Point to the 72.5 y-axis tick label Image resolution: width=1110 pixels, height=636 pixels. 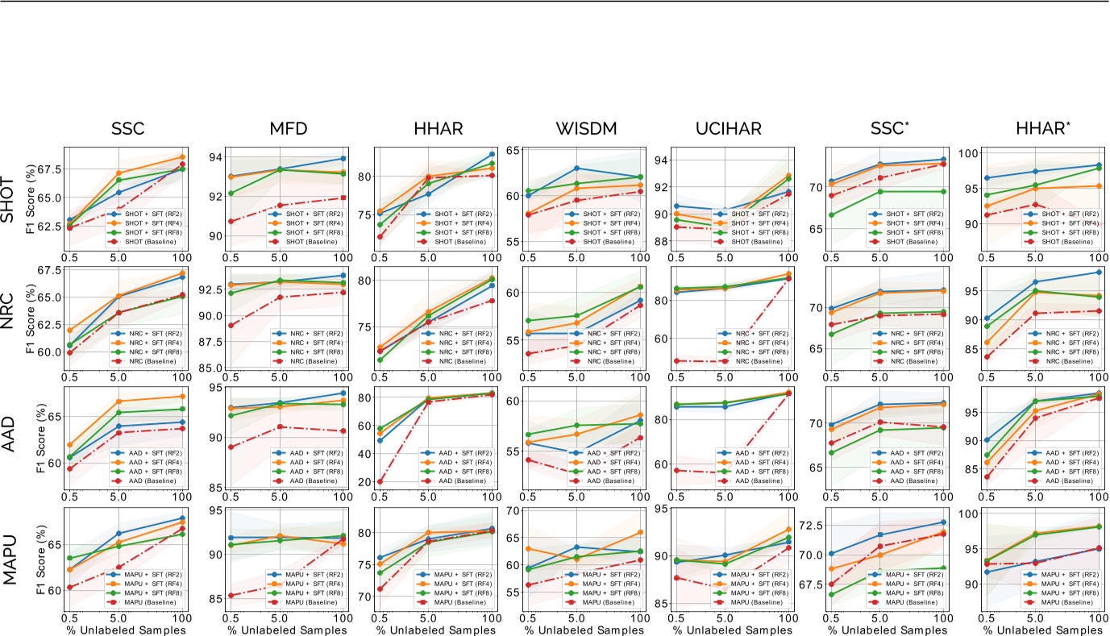point(807,526)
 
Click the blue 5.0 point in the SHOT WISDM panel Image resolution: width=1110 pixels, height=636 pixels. point(576,168)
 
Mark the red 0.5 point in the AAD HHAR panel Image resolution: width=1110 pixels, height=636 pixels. point(379,482)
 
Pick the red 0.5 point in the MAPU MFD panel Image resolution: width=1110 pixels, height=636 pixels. point(230,596)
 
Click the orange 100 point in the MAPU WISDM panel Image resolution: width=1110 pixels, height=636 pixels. point(640,532)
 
